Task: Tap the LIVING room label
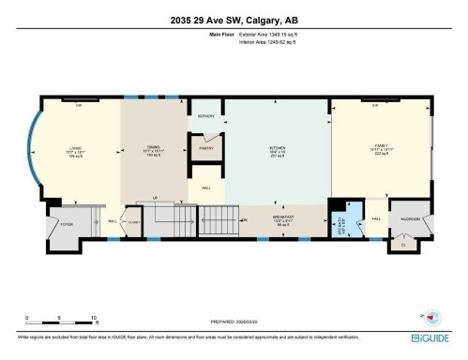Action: (75, 147)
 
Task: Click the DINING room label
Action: (153, 147)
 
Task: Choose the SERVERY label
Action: (206, 116)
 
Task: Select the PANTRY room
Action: (207, 148)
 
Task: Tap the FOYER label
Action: (66, 225)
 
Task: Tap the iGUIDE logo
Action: (432, 337)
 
